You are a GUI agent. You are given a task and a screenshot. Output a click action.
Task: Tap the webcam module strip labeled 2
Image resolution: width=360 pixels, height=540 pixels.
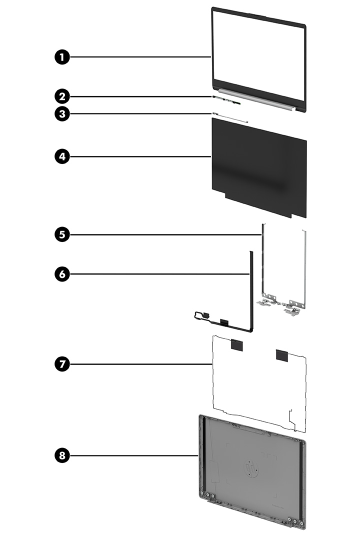226,100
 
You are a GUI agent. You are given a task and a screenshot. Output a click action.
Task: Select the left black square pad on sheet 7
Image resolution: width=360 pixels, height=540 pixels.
236,344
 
